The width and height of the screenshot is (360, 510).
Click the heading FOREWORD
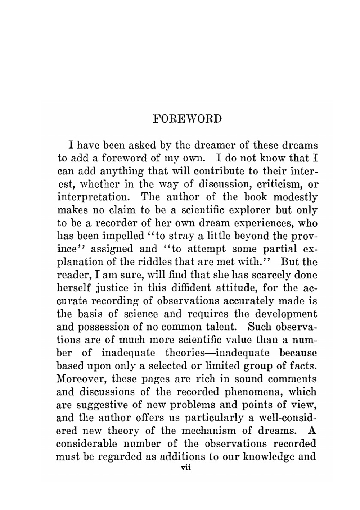coord(187,119)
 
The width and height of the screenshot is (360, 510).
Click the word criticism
coord(273,184)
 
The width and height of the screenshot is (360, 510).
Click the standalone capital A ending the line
coord(312,431)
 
